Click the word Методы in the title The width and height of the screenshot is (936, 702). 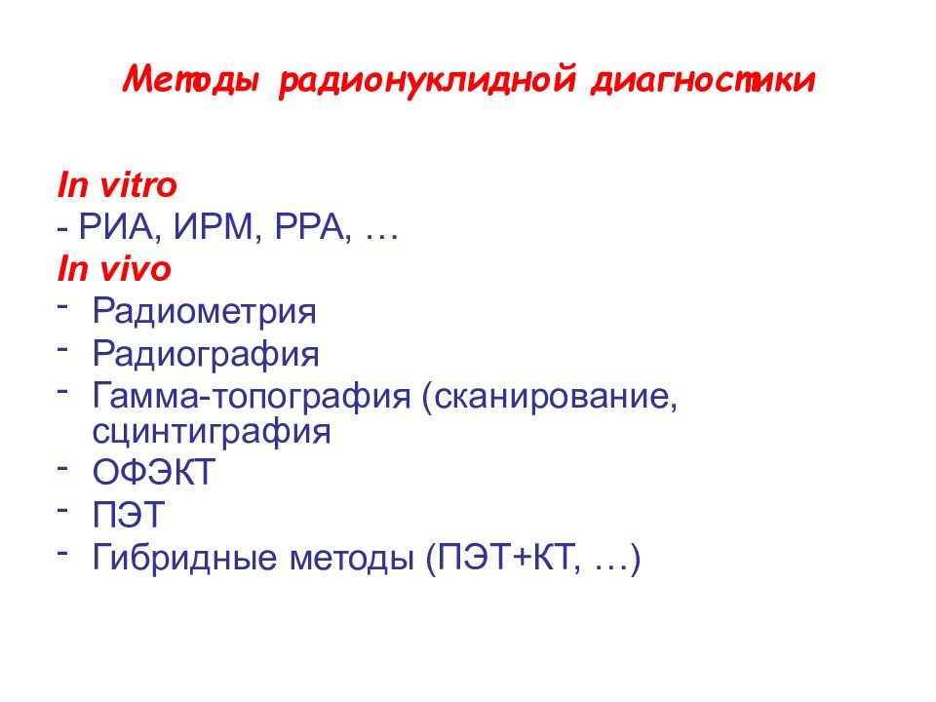click(193, 80)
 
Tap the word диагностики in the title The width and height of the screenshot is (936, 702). click(701, 80)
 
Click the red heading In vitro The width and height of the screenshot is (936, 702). click(117, 184)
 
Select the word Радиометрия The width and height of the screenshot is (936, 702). click(205, 312)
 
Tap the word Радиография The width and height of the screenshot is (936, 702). click(206, 354)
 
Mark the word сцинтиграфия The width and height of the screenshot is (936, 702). click(212, 430)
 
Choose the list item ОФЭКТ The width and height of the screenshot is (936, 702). click(153, 474)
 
